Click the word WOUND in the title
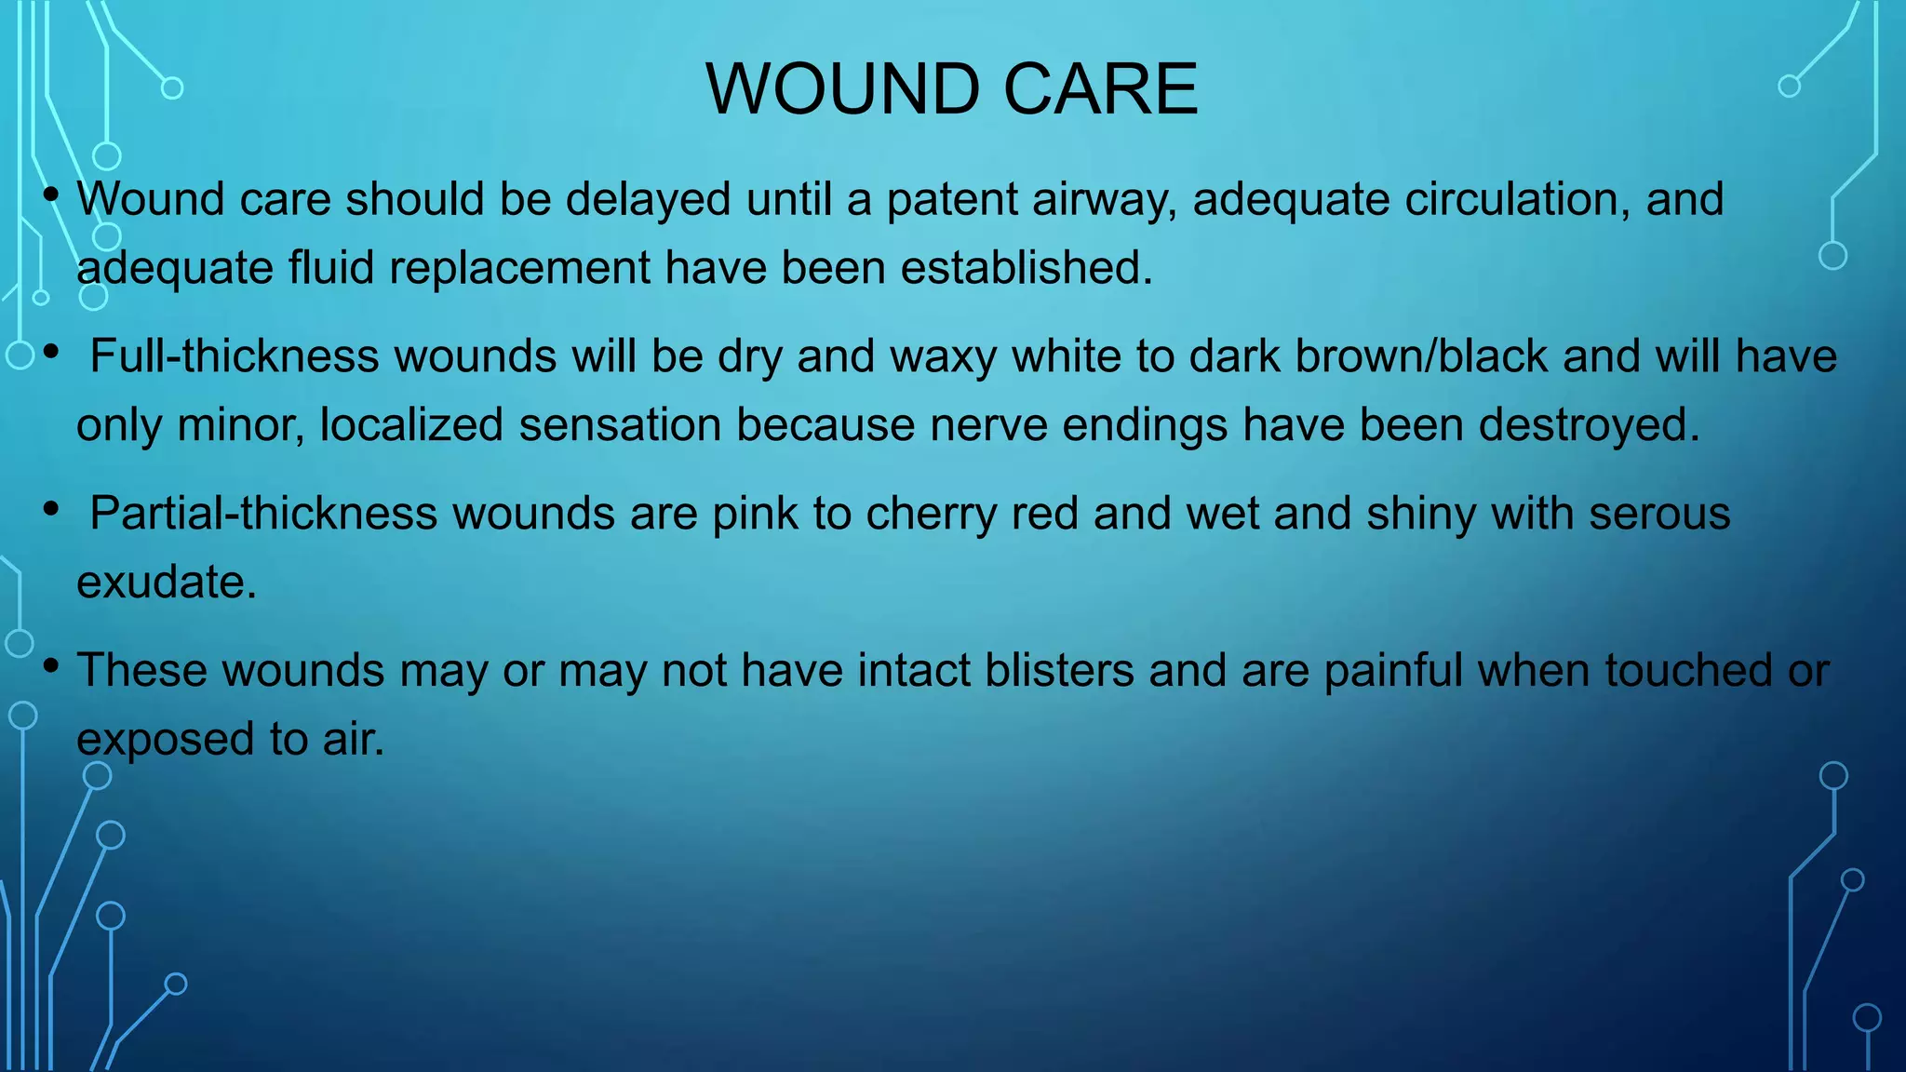[x=842, y=89]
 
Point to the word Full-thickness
[x=235, y=356]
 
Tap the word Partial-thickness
[x=263, y=514]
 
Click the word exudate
[x=166, y=583]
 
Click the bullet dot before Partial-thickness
[x=51, y=509]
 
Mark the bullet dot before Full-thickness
[x=51, y=352]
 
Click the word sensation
[x=620, y=425]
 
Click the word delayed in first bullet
[x=648, y=199]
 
